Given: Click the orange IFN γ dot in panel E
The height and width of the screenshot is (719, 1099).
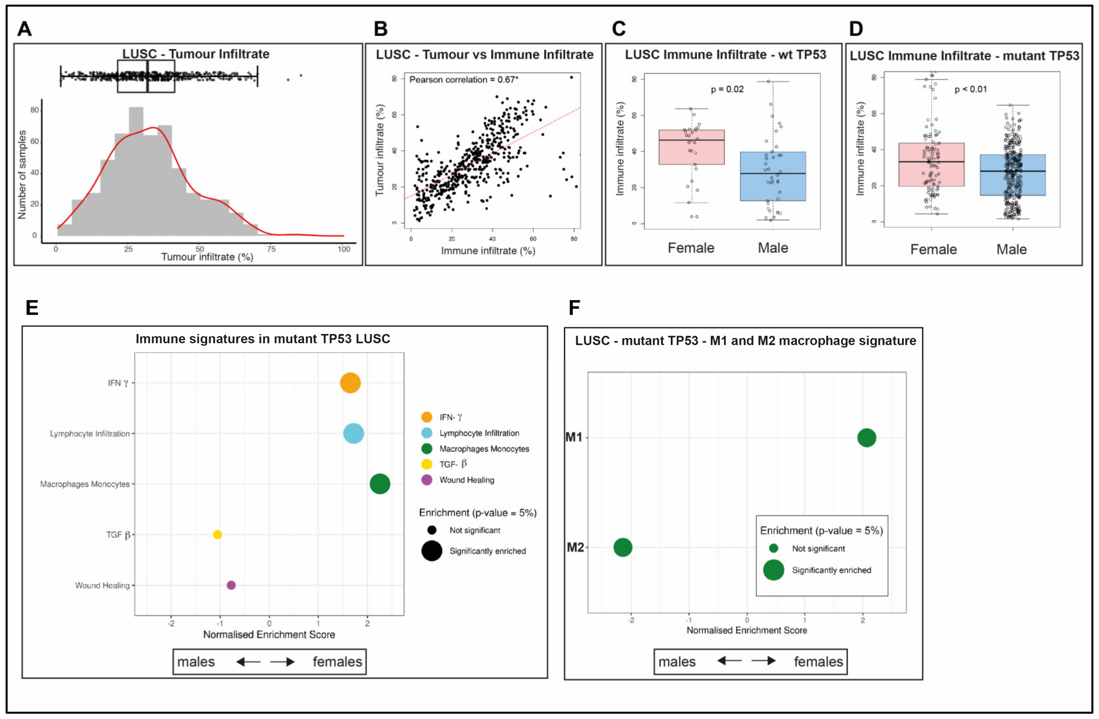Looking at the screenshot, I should click(350, 383).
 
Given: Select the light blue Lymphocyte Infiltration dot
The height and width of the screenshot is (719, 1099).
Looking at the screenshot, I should click(354, 434).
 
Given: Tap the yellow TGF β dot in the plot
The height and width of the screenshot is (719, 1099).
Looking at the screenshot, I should click(217, 534).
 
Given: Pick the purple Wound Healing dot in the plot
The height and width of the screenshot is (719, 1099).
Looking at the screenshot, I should click(231, 585).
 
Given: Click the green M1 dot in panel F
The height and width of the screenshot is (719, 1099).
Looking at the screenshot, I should click(866, 437).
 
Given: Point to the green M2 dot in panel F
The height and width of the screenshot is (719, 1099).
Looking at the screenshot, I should click(623, 547).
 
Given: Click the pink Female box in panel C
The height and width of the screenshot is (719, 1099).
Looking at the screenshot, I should click(691, 147).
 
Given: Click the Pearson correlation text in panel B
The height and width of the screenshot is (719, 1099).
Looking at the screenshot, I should click(464, 80).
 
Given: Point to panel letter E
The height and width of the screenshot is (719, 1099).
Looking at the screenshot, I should click(32, 308).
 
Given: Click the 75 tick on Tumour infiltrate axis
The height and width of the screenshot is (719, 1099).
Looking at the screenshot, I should click(271, 249).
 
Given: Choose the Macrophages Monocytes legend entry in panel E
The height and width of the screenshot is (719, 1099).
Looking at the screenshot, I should click(484, 449).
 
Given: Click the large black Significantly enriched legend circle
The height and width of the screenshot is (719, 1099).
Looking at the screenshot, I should click(431, 551).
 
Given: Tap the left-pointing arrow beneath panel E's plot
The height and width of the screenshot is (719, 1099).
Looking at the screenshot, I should click(248, 662).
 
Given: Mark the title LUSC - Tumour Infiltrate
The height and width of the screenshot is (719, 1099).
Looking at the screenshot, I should click(196, 54).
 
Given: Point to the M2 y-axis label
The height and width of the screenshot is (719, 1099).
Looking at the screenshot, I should click(575, 547).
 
